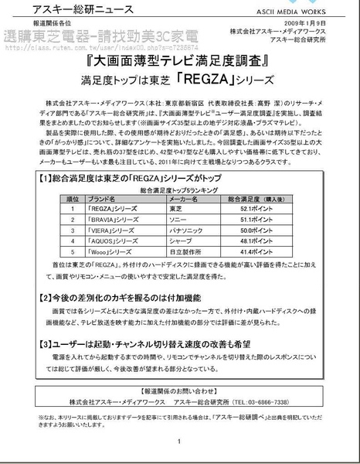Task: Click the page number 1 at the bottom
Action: (178, 442)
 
